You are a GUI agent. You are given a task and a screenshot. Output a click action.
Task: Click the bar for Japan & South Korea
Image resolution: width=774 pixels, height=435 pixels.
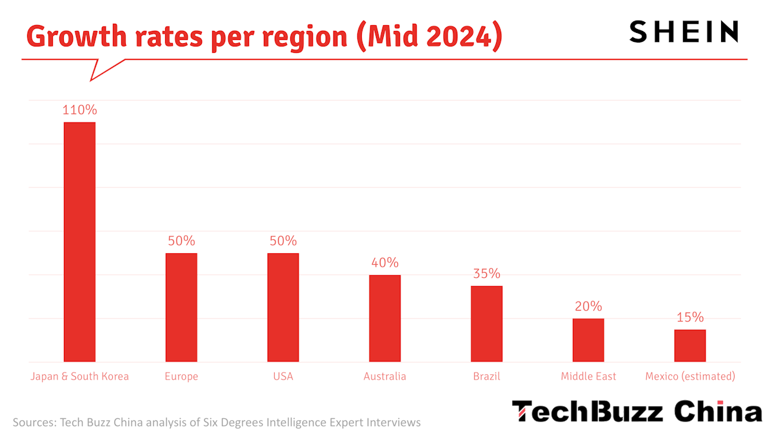point(79,242)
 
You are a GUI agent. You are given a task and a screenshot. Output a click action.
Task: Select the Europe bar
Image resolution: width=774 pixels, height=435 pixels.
point(181,307)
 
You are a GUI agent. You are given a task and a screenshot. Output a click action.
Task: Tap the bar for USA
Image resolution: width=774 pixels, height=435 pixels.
point(283,307)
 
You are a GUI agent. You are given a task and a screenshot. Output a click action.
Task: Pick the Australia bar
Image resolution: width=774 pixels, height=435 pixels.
point(385,318)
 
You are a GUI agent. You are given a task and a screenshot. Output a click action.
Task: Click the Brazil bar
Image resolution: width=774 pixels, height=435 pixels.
point(486,324)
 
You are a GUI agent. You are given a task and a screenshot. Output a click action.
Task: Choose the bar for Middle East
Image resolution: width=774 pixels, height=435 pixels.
point(588,340)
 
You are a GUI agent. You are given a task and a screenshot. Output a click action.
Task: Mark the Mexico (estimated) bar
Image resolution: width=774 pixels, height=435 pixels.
point(690,345)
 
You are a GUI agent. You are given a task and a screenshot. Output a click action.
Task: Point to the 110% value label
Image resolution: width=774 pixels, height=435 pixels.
point(79,110)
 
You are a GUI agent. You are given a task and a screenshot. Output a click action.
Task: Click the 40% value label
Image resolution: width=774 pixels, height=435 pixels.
point(385,263)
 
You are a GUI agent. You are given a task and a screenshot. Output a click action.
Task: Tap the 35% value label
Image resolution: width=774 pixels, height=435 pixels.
point(486,274)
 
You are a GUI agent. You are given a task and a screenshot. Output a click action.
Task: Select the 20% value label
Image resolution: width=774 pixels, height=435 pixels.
point(588,307)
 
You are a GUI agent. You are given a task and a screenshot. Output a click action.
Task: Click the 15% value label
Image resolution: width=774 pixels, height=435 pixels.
point(690,318)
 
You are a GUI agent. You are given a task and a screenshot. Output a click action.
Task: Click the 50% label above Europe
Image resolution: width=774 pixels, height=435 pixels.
point(181,241)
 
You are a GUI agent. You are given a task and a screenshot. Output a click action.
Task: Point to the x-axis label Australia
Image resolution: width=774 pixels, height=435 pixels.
point(385,376)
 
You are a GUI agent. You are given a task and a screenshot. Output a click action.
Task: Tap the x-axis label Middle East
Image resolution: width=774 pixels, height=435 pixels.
point(588,376)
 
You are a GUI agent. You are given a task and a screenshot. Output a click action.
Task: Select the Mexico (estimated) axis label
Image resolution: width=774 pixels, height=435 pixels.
point(690,376)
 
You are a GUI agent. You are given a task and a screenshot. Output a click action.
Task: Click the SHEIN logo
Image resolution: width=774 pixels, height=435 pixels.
point(684,32)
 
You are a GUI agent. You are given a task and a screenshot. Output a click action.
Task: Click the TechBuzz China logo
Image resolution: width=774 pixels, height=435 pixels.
point(637,411)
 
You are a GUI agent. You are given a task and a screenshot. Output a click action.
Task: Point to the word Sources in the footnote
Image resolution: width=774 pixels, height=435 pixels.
point(32,423)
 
